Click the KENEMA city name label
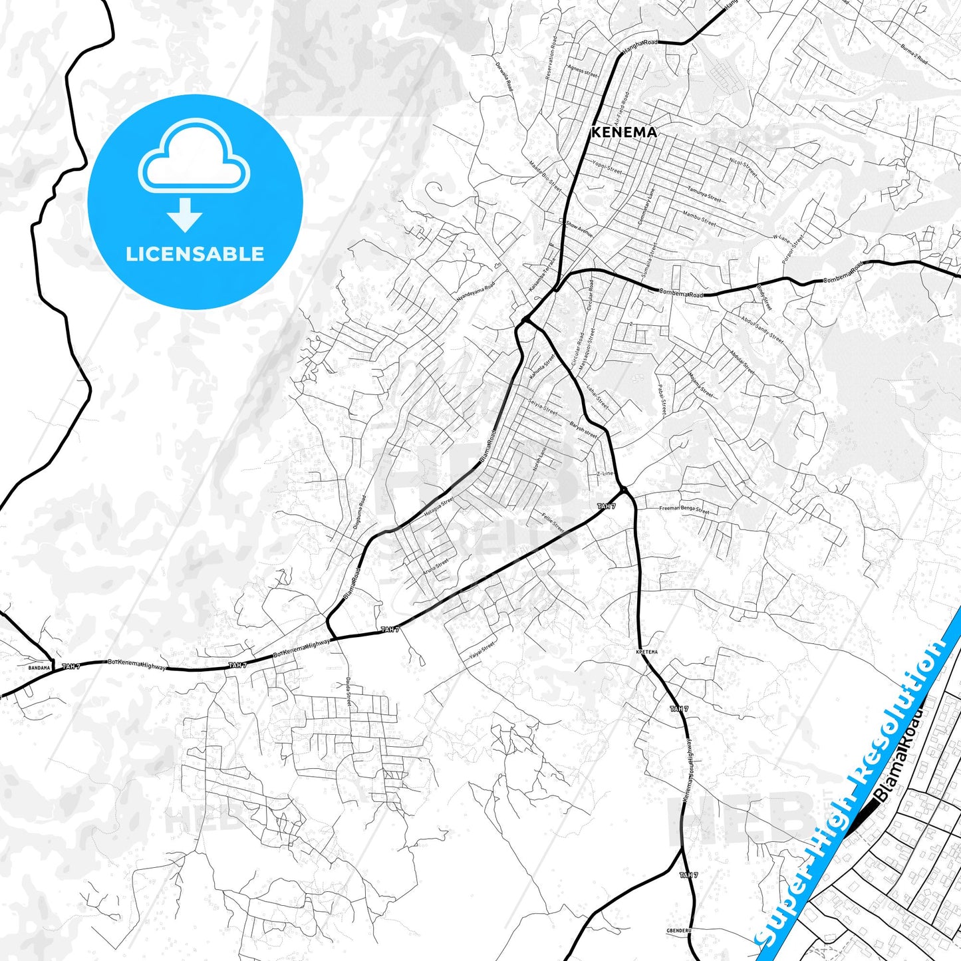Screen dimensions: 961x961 tap(624, 132)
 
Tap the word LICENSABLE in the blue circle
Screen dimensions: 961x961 tap(195, 254)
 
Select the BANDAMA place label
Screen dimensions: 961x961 tap(39, 667)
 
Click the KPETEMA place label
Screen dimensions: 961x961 tap(646, 652)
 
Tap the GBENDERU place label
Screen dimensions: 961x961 tap(679, 930)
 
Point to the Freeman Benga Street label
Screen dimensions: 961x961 tap(684, 510)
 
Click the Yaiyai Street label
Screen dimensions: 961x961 tap(481, 650)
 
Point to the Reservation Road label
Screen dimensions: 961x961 tap(551, 59)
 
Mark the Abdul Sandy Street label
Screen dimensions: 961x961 tap(762, 329)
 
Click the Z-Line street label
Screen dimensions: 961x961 tap(605, 474)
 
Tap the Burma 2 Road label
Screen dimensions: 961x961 tap(914, 55)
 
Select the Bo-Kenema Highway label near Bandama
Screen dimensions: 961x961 tap(137, 664)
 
